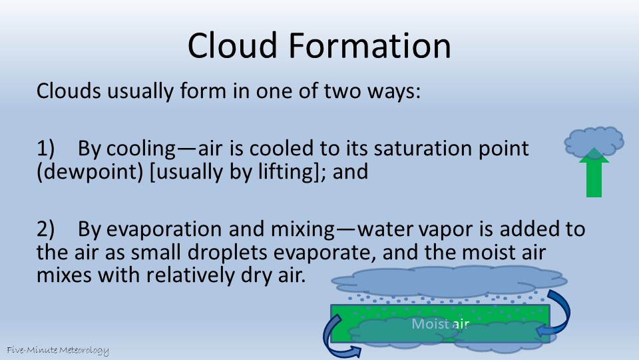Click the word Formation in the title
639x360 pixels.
(370, 46)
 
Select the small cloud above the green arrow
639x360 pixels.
(594, 141)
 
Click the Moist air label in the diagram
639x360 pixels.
(440, 324)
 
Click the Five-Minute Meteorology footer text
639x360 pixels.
(58, 350)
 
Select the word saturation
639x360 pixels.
(427, 149)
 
